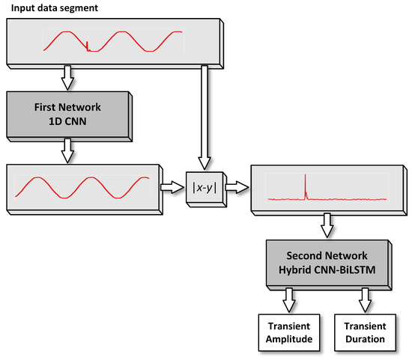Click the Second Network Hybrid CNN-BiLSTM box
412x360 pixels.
pyautogui.click(x=324, y=262)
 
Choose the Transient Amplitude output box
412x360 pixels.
pyautogui.click(x=288, y=332)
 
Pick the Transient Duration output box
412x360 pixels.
pyautogui.click(x=365, y=332)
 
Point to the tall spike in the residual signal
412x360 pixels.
pyautogui.click(x=306, y=186)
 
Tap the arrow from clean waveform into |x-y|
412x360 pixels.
pyautogui.click(x=171, y=186)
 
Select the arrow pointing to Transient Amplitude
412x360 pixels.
pyautogui.click(x=288, y=302)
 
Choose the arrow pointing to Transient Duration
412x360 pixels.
pyautogui.click(x=365, y=302)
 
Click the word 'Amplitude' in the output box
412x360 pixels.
pyautogui.click(x=288, y=338)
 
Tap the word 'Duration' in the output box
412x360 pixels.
pyautogui.click(x=365, y=338)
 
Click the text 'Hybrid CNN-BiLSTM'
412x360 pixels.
pyautogui.click(x=324, y=269)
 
